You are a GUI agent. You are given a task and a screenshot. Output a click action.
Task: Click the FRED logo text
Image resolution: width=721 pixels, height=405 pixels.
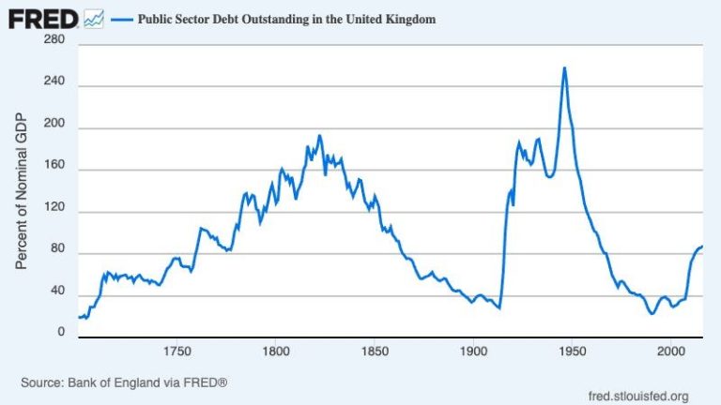[43, 18]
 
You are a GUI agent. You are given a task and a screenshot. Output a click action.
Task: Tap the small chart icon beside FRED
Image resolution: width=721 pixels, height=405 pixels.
[93, 18]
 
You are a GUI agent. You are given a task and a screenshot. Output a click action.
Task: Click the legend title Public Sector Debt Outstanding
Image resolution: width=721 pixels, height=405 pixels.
[287, 19]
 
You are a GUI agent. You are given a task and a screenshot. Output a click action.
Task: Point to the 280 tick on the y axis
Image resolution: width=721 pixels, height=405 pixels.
[54, 40]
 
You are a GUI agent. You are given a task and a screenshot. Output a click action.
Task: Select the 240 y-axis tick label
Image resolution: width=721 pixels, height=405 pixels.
[54, 85]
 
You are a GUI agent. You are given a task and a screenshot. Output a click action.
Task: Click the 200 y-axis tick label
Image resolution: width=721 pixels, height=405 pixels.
[54, 127]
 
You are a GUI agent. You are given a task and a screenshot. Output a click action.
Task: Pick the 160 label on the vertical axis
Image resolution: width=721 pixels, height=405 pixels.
[54, 170]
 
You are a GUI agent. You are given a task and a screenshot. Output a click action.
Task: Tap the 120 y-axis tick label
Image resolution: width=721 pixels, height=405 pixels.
[54, 212]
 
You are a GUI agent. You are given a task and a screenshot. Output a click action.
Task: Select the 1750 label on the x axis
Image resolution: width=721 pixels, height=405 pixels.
[176, 352]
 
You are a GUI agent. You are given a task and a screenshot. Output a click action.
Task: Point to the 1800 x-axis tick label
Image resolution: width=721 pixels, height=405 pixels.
[275, 352]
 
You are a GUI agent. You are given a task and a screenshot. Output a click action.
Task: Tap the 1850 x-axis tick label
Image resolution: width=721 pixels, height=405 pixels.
[374, 352]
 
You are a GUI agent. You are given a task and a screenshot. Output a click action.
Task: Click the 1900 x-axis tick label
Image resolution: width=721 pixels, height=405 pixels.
[472, 352]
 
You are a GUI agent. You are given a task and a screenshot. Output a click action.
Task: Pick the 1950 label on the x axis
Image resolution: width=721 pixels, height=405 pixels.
[571, 352]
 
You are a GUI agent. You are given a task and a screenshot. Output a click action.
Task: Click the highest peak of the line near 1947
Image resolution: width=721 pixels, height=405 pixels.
[564, 67]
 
